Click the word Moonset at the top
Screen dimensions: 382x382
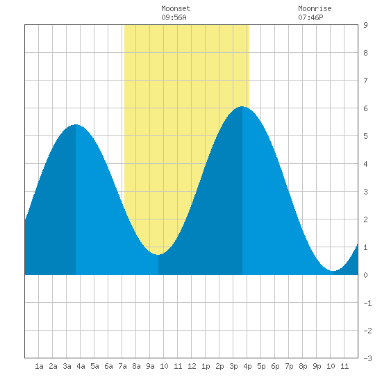point(176,8)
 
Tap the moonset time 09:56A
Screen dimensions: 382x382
point(174,17)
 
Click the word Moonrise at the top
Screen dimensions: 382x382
point(315,8)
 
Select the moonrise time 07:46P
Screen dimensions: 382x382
point(310,17)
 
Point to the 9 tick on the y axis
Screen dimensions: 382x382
point(365,25)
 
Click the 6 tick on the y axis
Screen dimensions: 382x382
point(365,108)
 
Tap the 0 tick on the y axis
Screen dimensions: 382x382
point(365,275)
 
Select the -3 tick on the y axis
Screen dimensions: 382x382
point(367,358)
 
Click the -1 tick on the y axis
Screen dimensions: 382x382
point(367,303)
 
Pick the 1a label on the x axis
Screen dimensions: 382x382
point(39,366)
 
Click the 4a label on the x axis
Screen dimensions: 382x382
point(81,366)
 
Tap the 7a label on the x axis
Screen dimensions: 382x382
point(122,366)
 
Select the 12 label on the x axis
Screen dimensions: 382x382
point(192,366)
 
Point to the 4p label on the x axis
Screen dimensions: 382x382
point(247,366)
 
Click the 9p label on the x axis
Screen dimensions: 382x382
point(317,366)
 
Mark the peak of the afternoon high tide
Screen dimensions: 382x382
point(242,106)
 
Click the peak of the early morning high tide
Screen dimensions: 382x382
point(76,124)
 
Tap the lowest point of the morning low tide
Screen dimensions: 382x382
point(158,255)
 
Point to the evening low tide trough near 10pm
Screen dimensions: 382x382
point(333,271)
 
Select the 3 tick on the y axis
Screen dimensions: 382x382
point(365,192)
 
